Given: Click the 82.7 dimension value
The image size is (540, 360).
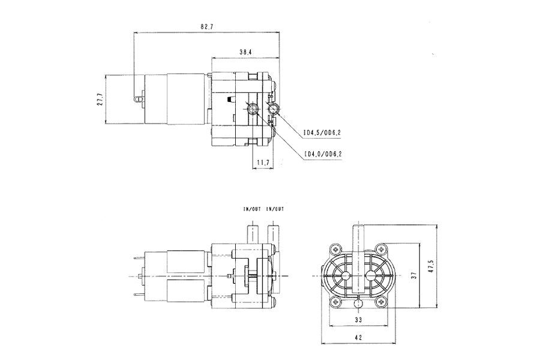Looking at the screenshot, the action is (206, 26).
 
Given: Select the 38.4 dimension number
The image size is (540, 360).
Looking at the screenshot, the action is (245, 52).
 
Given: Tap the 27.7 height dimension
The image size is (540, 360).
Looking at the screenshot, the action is (100, 99).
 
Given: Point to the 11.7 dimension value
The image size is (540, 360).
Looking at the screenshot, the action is (263, 163).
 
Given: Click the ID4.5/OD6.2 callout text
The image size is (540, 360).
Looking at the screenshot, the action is (322, 133).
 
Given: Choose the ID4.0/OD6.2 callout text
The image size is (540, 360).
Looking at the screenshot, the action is (323, 154).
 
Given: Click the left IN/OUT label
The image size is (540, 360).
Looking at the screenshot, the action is (252, 209).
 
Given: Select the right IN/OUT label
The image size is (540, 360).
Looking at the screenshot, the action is (275, 209).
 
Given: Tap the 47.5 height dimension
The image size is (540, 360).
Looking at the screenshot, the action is (430, 266).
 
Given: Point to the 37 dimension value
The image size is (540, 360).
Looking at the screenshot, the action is (414, 275).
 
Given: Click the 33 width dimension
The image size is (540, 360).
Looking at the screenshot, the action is (358, 320).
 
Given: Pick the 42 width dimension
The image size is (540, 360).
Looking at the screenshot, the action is (358, 338).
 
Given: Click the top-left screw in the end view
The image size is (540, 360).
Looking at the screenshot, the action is (335, 249).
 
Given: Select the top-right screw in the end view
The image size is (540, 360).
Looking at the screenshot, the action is (381, 249).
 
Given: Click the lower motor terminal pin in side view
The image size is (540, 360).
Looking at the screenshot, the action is (139, 294).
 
